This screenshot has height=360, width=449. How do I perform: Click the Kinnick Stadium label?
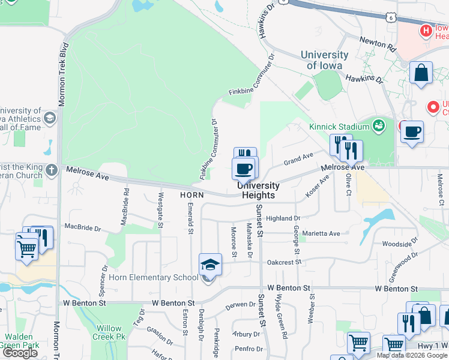point(339,127)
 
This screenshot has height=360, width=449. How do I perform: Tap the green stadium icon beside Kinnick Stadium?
point(378,125)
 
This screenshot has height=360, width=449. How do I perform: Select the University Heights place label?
point(259,191)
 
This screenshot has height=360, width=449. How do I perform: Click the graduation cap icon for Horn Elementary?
point(211,264)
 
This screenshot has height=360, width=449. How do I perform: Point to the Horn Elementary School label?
point(153,277)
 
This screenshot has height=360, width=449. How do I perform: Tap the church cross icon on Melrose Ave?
point(52,170)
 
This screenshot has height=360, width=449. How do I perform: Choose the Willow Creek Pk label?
point(109,332)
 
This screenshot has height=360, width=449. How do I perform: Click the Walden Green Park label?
point(20,341)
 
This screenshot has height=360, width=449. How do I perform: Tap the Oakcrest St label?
point(283,262)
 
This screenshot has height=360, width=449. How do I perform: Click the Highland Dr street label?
point(283,218)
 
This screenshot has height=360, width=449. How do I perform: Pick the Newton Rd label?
point(378,43)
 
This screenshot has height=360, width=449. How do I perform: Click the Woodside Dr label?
point(396,244)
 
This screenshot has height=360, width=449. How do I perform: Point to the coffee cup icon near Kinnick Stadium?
point(412,132)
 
